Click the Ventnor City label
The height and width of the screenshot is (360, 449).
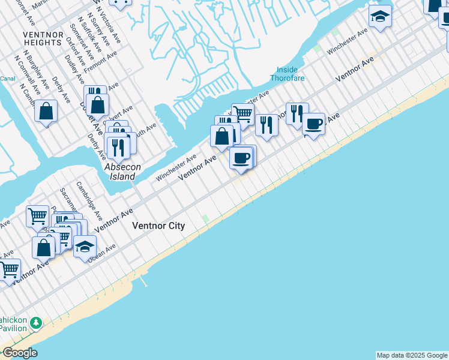click(158, 226)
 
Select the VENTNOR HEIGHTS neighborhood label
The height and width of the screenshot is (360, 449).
click(43, 39)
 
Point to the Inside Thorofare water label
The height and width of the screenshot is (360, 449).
click(288, 74)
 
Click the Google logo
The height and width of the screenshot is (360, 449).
click(20, 353)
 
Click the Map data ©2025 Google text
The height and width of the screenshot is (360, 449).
click(412, 355)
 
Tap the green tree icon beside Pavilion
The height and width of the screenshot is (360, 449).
click(36, 323)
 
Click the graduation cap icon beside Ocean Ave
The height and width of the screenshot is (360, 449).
click(85, 246)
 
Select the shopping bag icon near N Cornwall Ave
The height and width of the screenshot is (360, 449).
click(46, 110)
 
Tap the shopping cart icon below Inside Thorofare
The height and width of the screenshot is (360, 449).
click(242, 113)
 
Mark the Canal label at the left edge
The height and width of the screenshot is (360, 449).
click(7, 79)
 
